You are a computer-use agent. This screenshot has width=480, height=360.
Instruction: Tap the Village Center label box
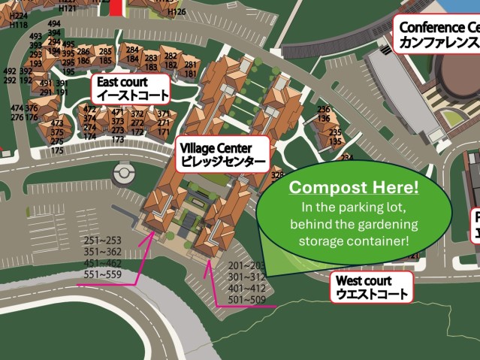click(222, 154)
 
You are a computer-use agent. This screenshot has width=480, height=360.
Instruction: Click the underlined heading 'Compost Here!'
click(355, 187)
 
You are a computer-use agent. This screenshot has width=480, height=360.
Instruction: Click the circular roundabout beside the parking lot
click(122, 174)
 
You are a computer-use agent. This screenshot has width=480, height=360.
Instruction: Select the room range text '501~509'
click(248, 299)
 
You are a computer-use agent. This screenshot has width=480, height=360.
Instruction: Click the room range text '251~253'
click(103, 241)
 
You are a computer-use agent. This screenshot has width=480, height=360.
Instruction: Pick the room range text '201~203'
click(247, 265)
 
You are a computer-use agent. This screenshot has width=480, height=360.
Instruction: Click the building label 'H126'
click(177, 12)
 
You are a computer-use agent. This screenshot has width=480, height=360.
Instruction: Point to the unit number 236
click(324, 110)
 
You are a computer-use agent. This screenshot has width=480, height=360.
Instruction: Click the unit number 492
click(10, 71)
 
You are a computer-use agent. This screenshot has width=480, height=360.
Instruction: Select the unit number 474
click(17, 108)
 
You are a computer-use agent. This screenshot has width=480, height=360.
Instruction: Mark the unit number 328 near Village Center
click(277, 175)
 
